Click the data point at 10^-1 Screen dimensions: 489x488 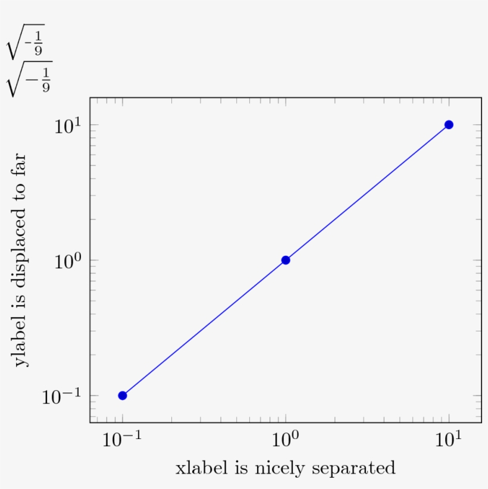(123, 396)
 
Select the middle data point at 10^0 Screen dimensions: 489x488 (286, 260)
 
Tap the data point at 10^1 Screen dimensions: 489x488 (449, 124)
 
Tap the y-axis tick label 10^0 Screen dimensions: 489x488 (66, 261)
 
